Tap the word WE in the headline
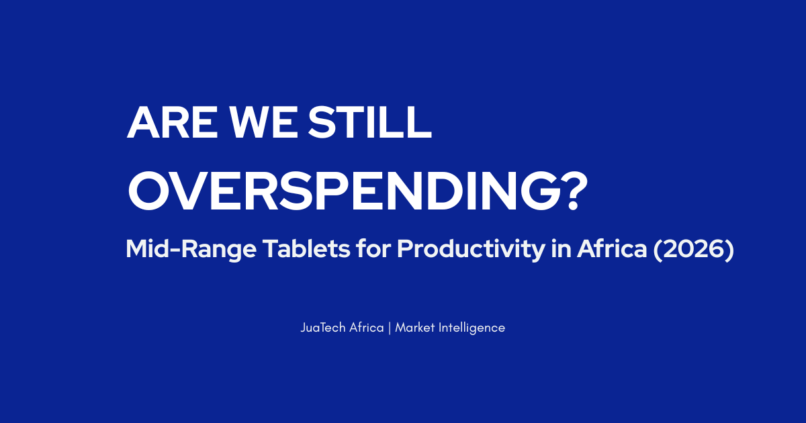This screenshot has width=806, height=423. [x=264, y=122]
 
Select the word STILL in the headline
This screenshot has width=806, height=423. [x=369, y=122]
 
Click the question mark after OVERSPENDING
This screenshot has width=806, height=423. [x=576, y=191]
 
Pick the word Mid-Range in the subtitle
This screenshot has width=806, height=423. [x=191, y=249]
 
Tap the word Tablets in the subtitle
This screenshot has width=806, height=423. [x=306, y=248]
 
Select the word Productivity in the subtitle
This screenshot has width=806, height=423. [x=471, y=249]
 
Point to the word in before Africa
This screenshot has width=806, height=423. [x=562, y=248]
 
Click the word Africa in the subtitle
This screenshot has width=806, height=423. [x=612, y=248]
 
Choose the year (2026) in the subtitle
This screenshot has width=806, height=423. [x=693, y=249]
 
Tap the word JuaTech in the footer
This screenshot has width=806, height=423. [x=323, y=328]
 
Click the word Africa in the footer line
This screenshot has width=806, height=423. [x=367, y=328]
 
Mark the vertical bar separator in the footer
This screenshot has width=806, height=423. [x=390, y=328]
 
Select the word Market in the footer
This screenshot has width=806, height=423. [x=415, y=328]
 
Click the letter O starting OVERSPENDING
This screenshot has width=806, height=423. [x=148, y=191]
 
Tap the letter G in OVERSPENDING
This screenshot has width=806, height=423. [x=541, y=191]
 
